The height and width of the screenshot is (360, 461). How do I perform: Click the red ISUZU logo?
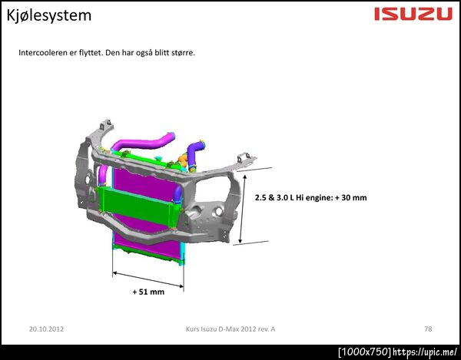point(413,14)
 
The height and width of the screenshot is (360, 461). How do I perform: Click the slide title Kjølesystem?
point(49,15)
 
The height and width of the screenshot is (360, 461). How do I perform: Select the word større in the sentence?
point(183,53)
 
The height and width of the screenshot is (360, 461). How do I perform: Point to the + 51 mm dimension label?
point(148,292)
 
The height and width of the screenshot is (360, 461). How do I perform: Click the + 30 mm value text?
point(351,197)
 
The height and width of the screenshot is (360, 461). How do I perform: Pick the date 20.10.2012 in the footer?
point(46,329)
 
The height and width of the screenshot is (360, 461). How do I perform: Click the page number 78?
point(428,329)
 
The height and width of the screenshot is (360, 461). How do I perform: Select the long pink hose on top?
point(144,142)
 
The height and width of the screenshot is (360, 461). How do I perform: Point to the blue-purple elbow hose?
point(195,153)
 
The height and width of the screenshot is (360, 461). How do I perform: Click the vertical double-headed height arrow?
point(243,209)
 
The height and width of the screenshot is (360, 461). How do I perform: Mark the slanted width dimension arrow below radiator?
point(148,279)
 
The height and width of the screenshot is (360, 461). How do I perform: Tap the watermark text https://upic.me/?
point(425,352)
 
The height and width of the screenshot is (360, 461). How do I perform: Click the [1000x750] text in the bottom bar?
point(365,352)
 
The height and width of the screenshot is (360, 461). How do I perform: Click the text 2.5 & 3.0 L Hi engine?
point(294,197)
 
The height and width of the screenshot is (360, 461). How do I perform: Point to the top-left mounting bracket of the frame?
point(105,126)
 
